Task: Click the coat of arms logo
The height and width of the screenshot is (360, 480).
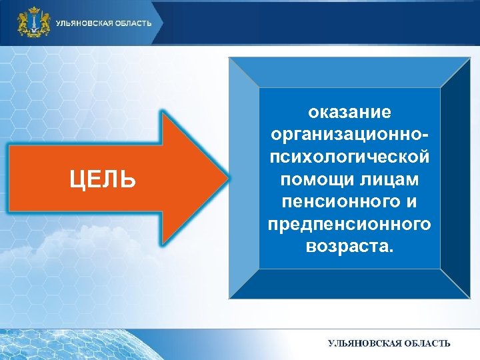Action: pyautogui.click(x=34, y=23)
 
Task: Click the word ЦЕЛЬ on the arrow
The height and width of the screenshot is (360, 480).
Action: pyautogui.click(x=103, y=179)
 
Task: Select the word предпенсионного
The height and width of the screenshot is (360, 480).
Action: pyautogui.click(x=349, y=225)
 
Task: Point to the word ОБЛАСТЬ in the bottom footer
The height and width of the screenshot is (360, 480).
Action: pyautogui.click(x=425, y=343)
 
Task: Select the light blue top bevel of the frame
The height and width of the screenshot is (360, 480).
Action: pyautogui.click(x=349, y=72)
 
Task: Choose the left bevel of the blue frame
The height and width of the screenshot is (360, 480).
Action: pyautogui.click(x=243, y=178)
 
